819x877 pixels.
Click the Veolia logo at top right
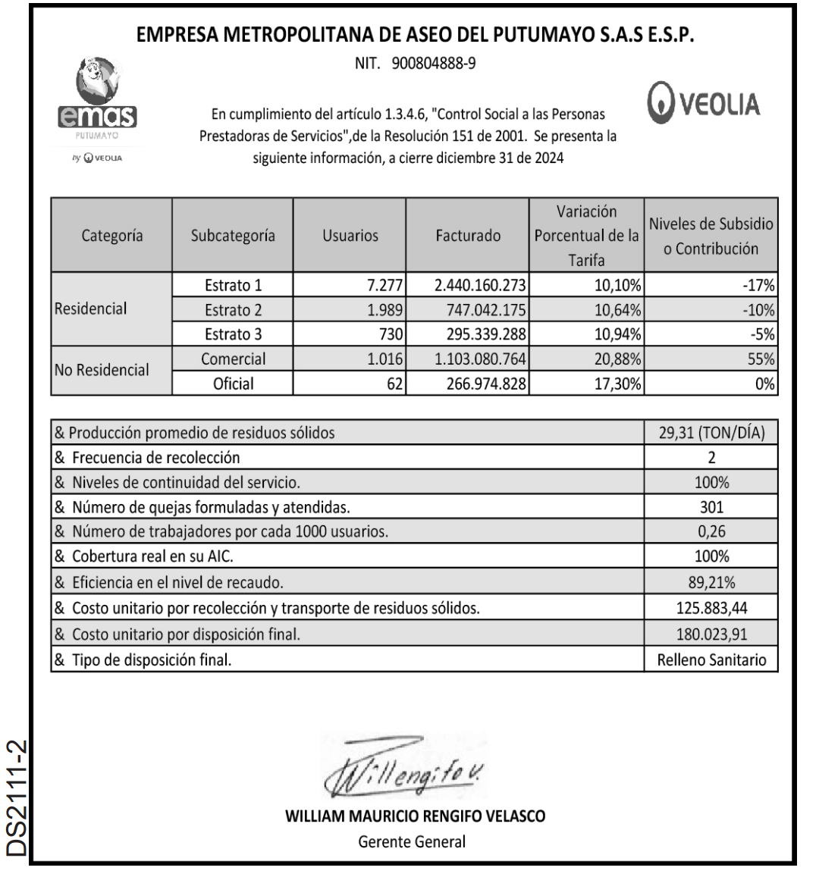point(704,104)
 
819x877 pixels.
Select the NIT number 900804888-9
point(415,63)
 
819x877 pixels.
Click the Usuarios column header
point(350,236)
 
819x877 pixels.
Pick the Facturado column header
point(468,236)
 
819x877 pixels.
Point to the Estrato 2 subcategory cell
point(233,310)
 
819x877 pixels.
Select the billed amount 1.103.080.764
point(481,359)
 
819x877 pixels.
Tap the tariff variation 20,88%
point(617,359)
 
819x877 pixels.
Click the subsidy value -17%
point(758,286)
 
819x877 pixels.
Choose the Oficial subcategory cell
point(233,384)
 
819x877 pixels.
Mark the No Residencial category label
point(102,371)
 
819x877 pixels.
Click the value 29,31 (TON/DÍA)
point(711,434)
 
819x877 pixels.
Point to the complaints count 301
point(711,507)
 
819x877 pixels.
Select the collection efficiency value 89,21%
point(711,583)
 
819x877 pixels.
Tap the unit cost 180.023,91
point(711,634)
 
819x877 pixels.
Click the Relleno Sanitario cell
point(711,659)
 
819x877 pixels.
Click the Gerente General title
point(412,841)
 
